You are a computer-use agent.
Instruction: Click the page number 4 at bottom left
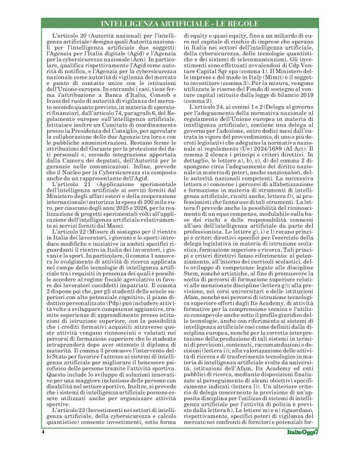[43, 448]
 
